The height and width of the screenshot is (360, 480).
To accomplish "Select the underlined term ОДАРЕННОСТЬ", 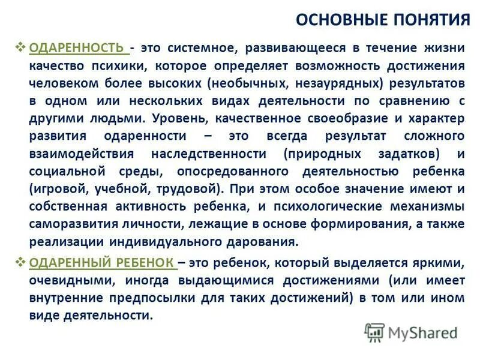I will click(x=77, y=47).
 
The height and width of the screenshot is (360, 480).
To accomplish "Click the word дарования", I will click(x=265, y=242).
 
